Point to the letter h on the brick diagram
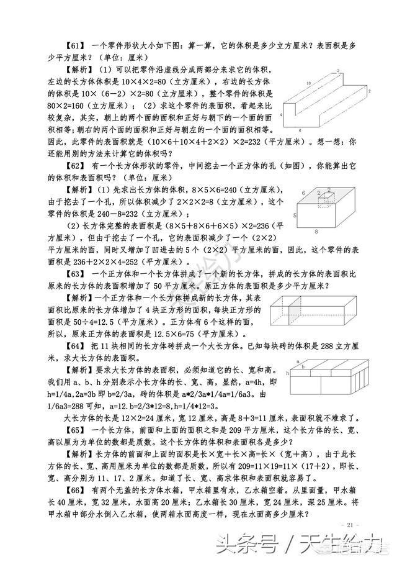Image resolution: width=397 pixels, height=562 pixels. [288, 373]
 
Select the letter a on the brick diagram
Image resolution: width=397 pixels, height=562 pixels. [297, 361]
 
